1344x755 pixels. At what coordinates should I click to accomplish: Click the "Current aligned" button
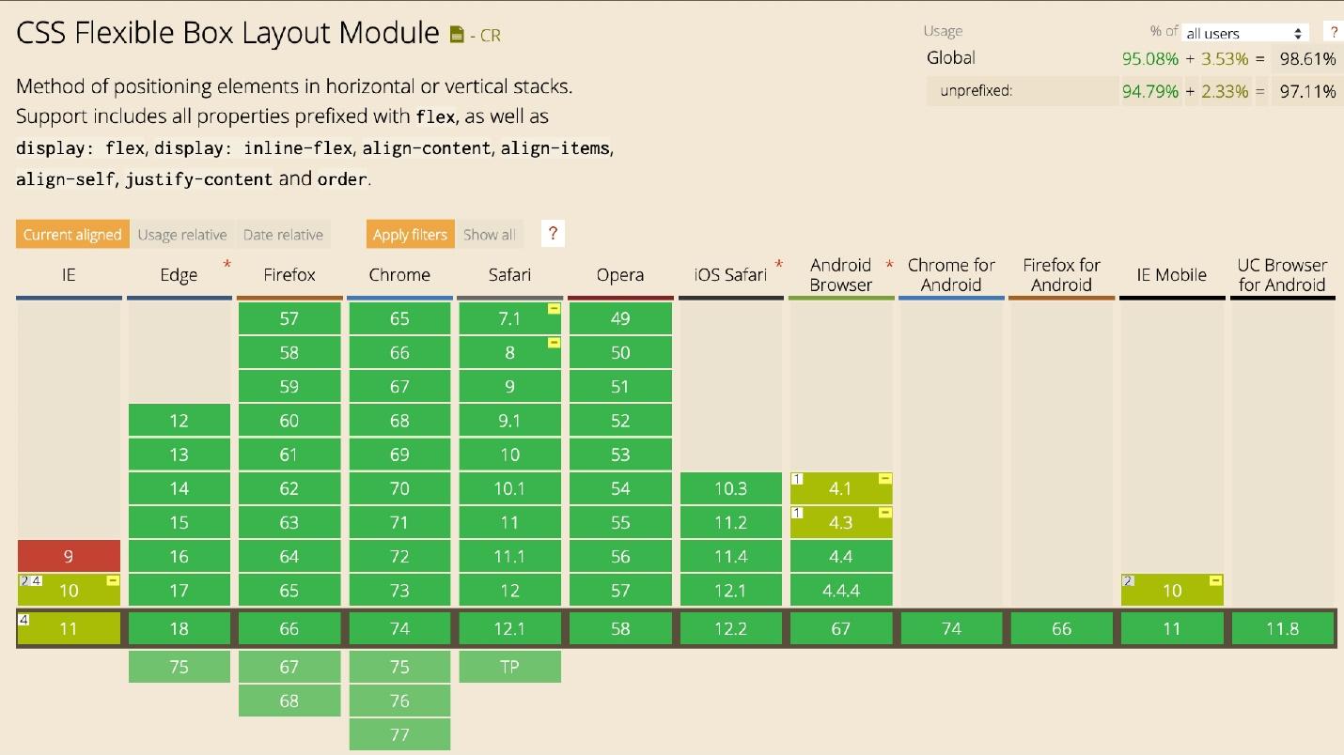point(72,235)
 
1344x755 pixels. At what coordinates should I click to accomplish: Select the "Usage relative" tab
point(182,235)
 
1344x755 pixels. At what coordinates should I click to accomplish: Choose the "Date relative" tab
point(283,235)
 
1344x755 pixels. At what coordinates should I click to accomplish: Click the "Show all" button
point(489,235)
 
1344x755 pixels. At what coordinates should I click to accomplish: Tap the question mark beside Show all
point(553,234)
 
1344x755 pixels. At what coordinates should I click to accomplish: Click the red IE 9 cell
point(69,556)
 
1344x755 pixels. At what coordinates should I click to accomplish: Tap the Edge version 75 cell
point(179,667)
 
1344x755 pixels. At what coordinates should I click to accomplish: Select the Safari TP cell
point(509,667)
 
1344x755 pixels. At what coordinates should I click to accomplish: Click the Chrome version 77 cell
point(399,734)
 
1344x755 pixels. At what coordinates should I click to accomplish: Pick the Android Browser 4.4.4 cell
point(840,591)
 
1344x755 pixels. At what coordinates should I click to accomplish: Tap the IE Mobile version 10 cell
point(1172,591)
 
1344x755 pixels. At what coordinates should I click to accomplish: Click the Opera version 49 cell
point(620,318)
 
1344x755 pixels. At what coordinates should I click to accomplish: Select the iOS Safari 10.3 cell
point(730,488)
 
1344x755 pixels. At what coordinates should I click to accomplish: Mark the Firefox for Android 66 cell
point(1061,628)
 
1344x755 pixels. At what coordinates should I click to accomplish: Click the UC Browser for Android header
point(1282,275)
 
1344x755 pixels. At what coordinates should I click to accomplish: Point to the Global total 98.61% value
point(1307,59)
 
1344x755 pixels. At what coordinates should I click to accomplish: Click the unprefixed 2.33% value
point(1225,91)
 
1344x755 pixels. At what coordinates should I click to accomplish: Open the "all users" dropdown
point(1245,33)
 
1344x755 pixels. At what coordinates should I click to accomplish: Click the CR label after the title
point(490,36)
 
